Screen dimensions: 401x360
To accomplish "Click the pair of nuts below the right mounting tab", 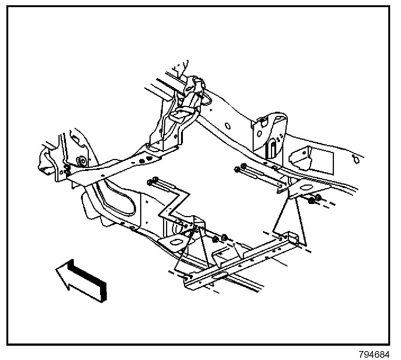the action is point(314,199).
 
